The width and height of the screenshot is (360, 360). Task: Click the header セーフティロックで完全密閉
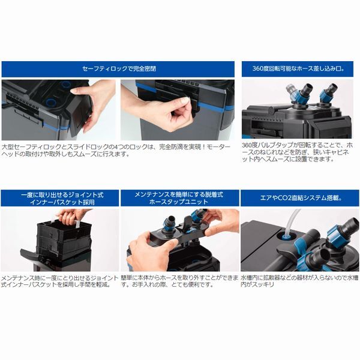(x=119, y=68)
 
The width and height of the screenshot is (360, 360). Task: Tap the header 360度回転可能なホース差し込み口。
(x=298, y=68)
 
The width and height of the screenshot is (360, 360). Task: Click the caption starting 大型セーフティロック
(x=116, y=151)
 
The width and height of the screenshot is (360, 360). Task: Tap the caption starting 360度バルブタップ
(x=297, y=152)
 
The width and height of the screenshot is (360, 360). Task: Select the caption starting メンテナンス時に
(x=59, y=281)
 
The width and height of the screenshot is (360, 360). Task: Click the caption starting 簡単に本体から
(x=180, y=281)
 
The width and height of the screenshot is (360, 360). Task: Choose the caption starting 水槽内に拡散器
(x=299, y=281)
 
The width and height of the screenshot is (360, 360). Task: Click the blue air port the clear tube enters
(x=286, y=237)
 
